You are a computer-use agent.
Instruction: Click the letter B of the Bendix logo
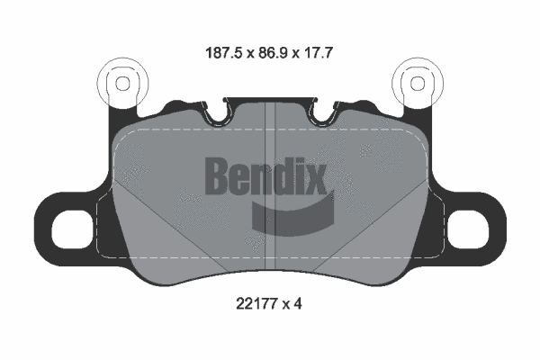[220, 175]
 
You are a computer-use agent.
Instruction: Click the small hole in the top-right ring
[417, 83]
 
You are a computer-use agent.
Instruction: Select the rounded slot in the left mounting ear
[71, 231]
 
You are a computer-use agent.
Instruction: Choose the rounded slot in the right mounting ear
[468, 231]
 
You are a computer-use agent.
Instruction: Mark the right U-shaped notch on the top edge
[324, 114]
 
